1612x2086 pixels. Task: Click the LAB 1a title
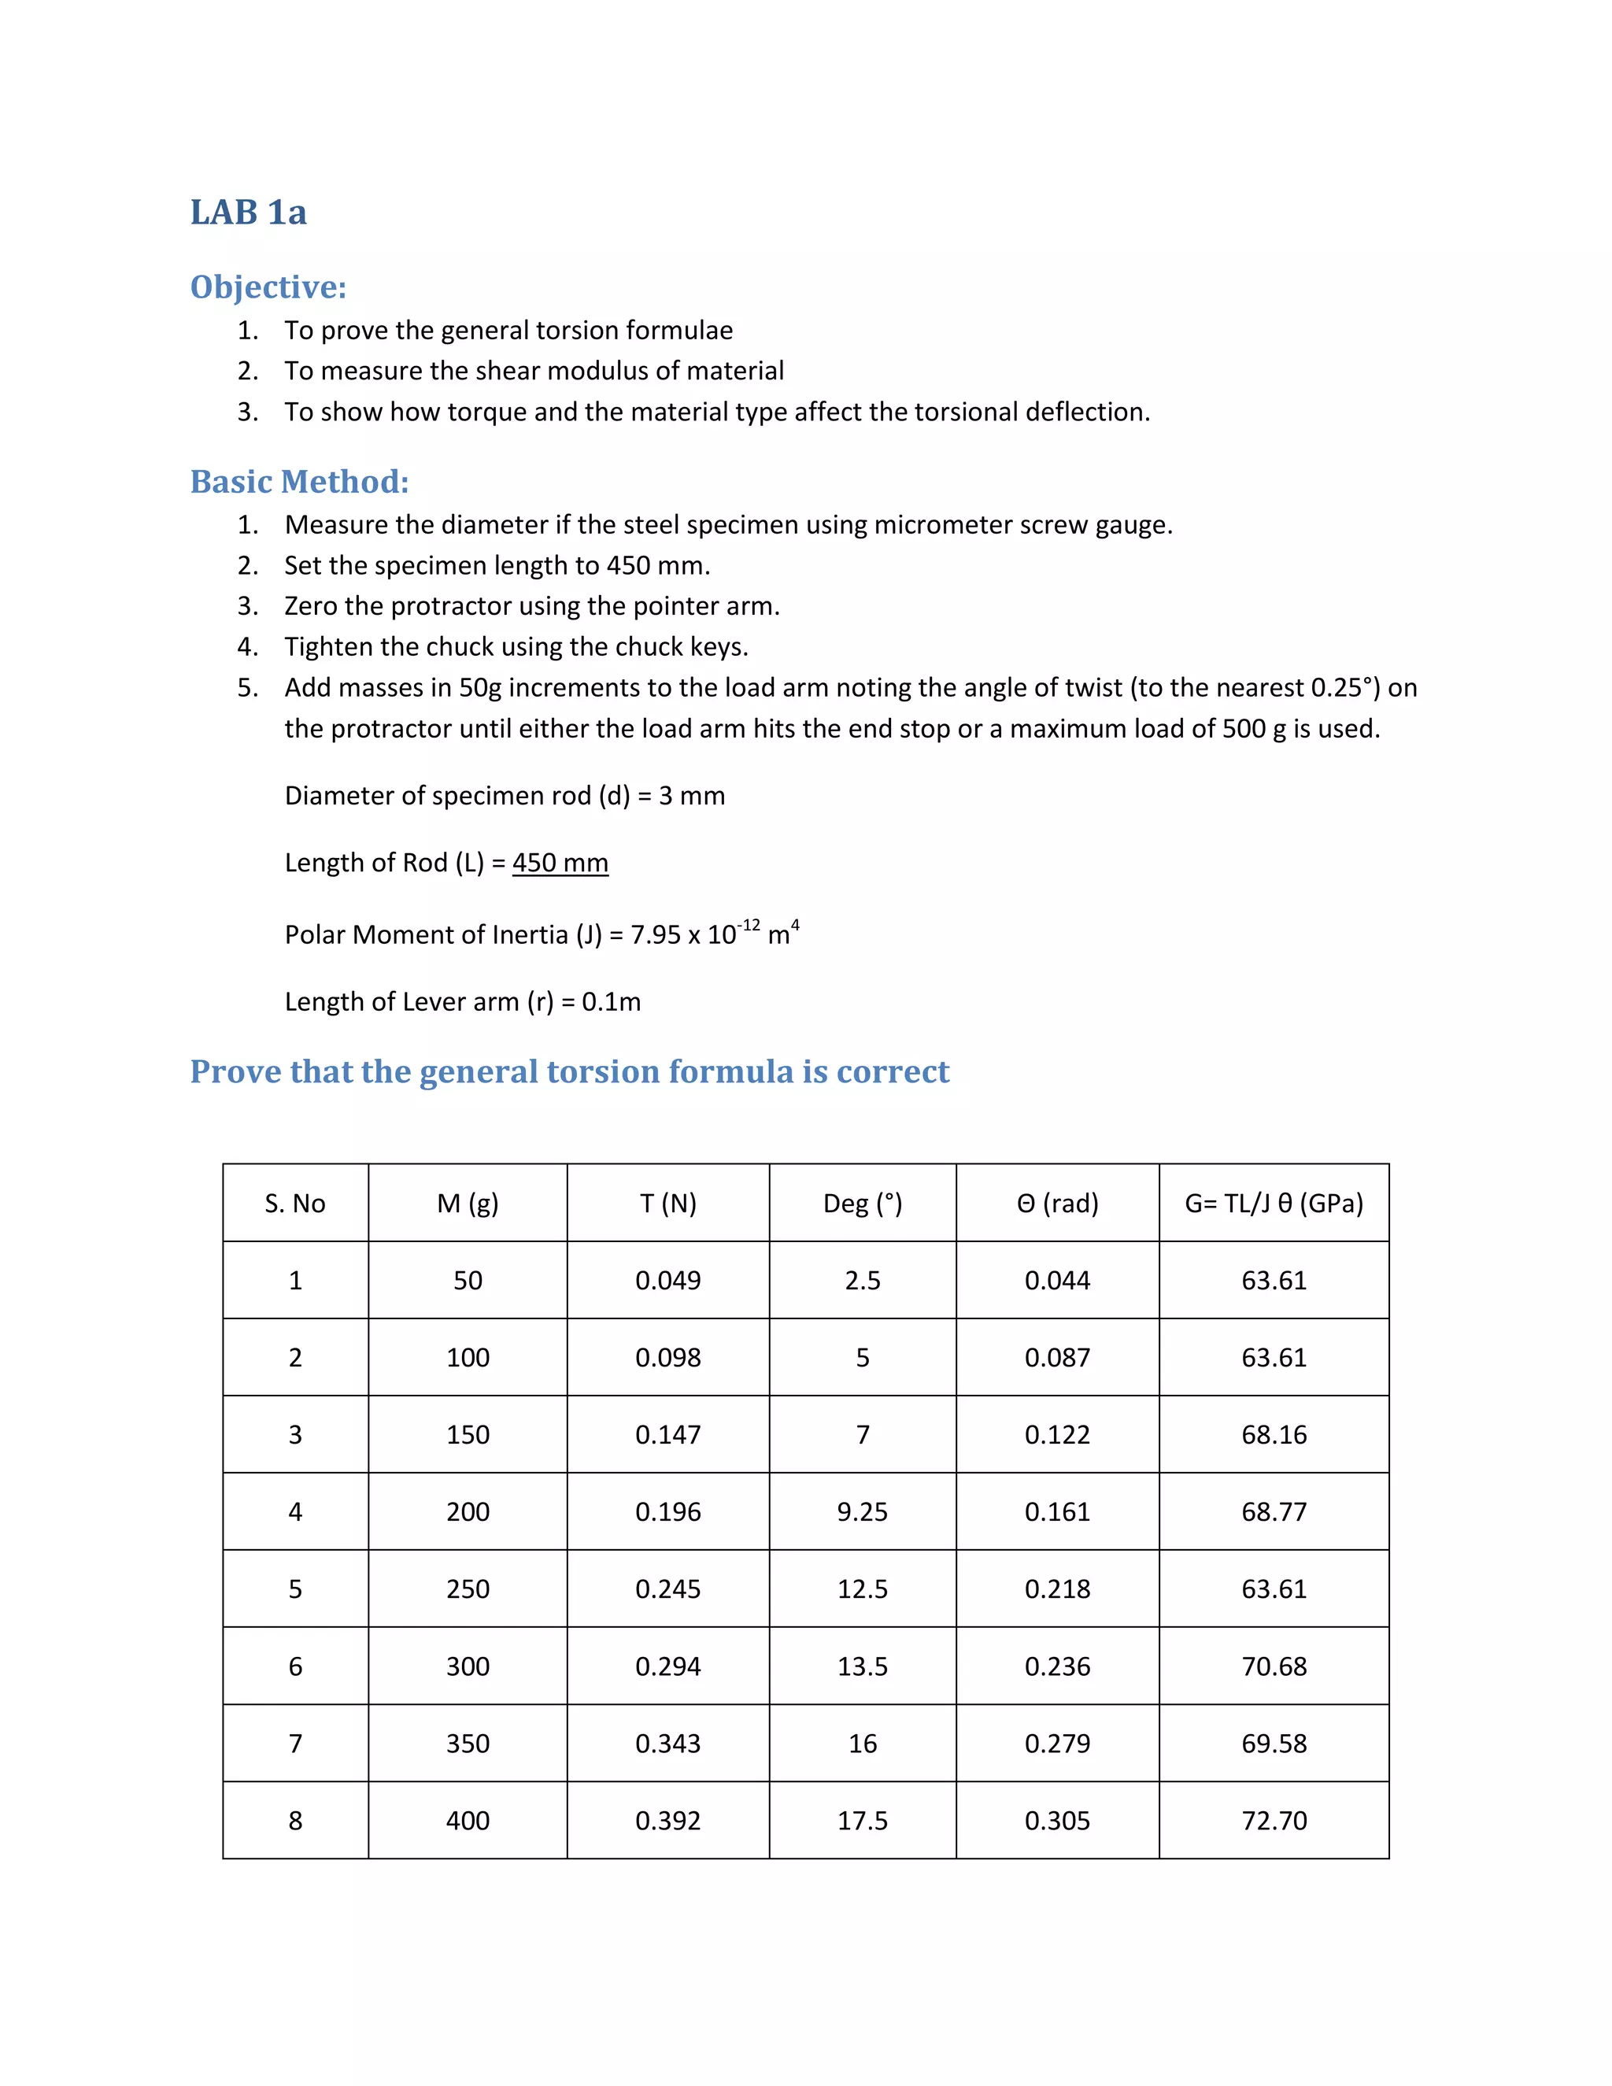click(x=248, y=212)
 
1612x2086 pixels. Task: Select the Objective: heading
click(x=268, y=287)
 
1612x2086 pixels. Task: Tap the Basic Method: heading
click(x=299, y=482)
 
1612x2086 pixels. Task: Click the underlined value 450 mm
click(x=560, y=863)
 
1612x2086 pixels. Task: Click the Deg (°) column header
click(x=863, y=1204)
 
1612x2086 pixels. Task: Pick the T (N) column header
click(x=667, y=1204)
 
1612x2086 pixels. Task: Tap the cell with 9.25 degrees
click(x=863, y=1512)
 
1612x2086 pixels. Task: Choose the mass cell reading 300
click(x=468, y=1666)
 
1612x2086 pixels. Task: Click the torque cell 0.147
click(x=667, y=1434)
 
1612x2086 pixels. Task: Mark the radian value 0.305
click(x=1057, y=1821)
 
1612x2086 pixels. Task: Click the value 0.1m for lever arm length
click(x=611, y=1002)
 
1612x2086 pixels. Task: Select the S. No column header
click(x=295, y=1204)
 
